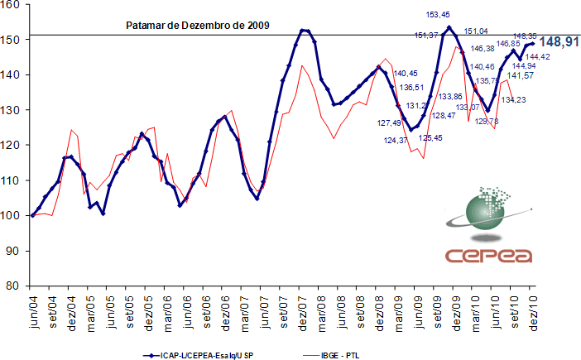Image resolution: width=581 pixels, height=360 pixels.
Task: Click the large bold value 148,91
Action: pos(559,41)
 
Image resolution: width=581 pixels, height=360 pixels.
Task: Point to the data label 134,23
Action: pos(514,99)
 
